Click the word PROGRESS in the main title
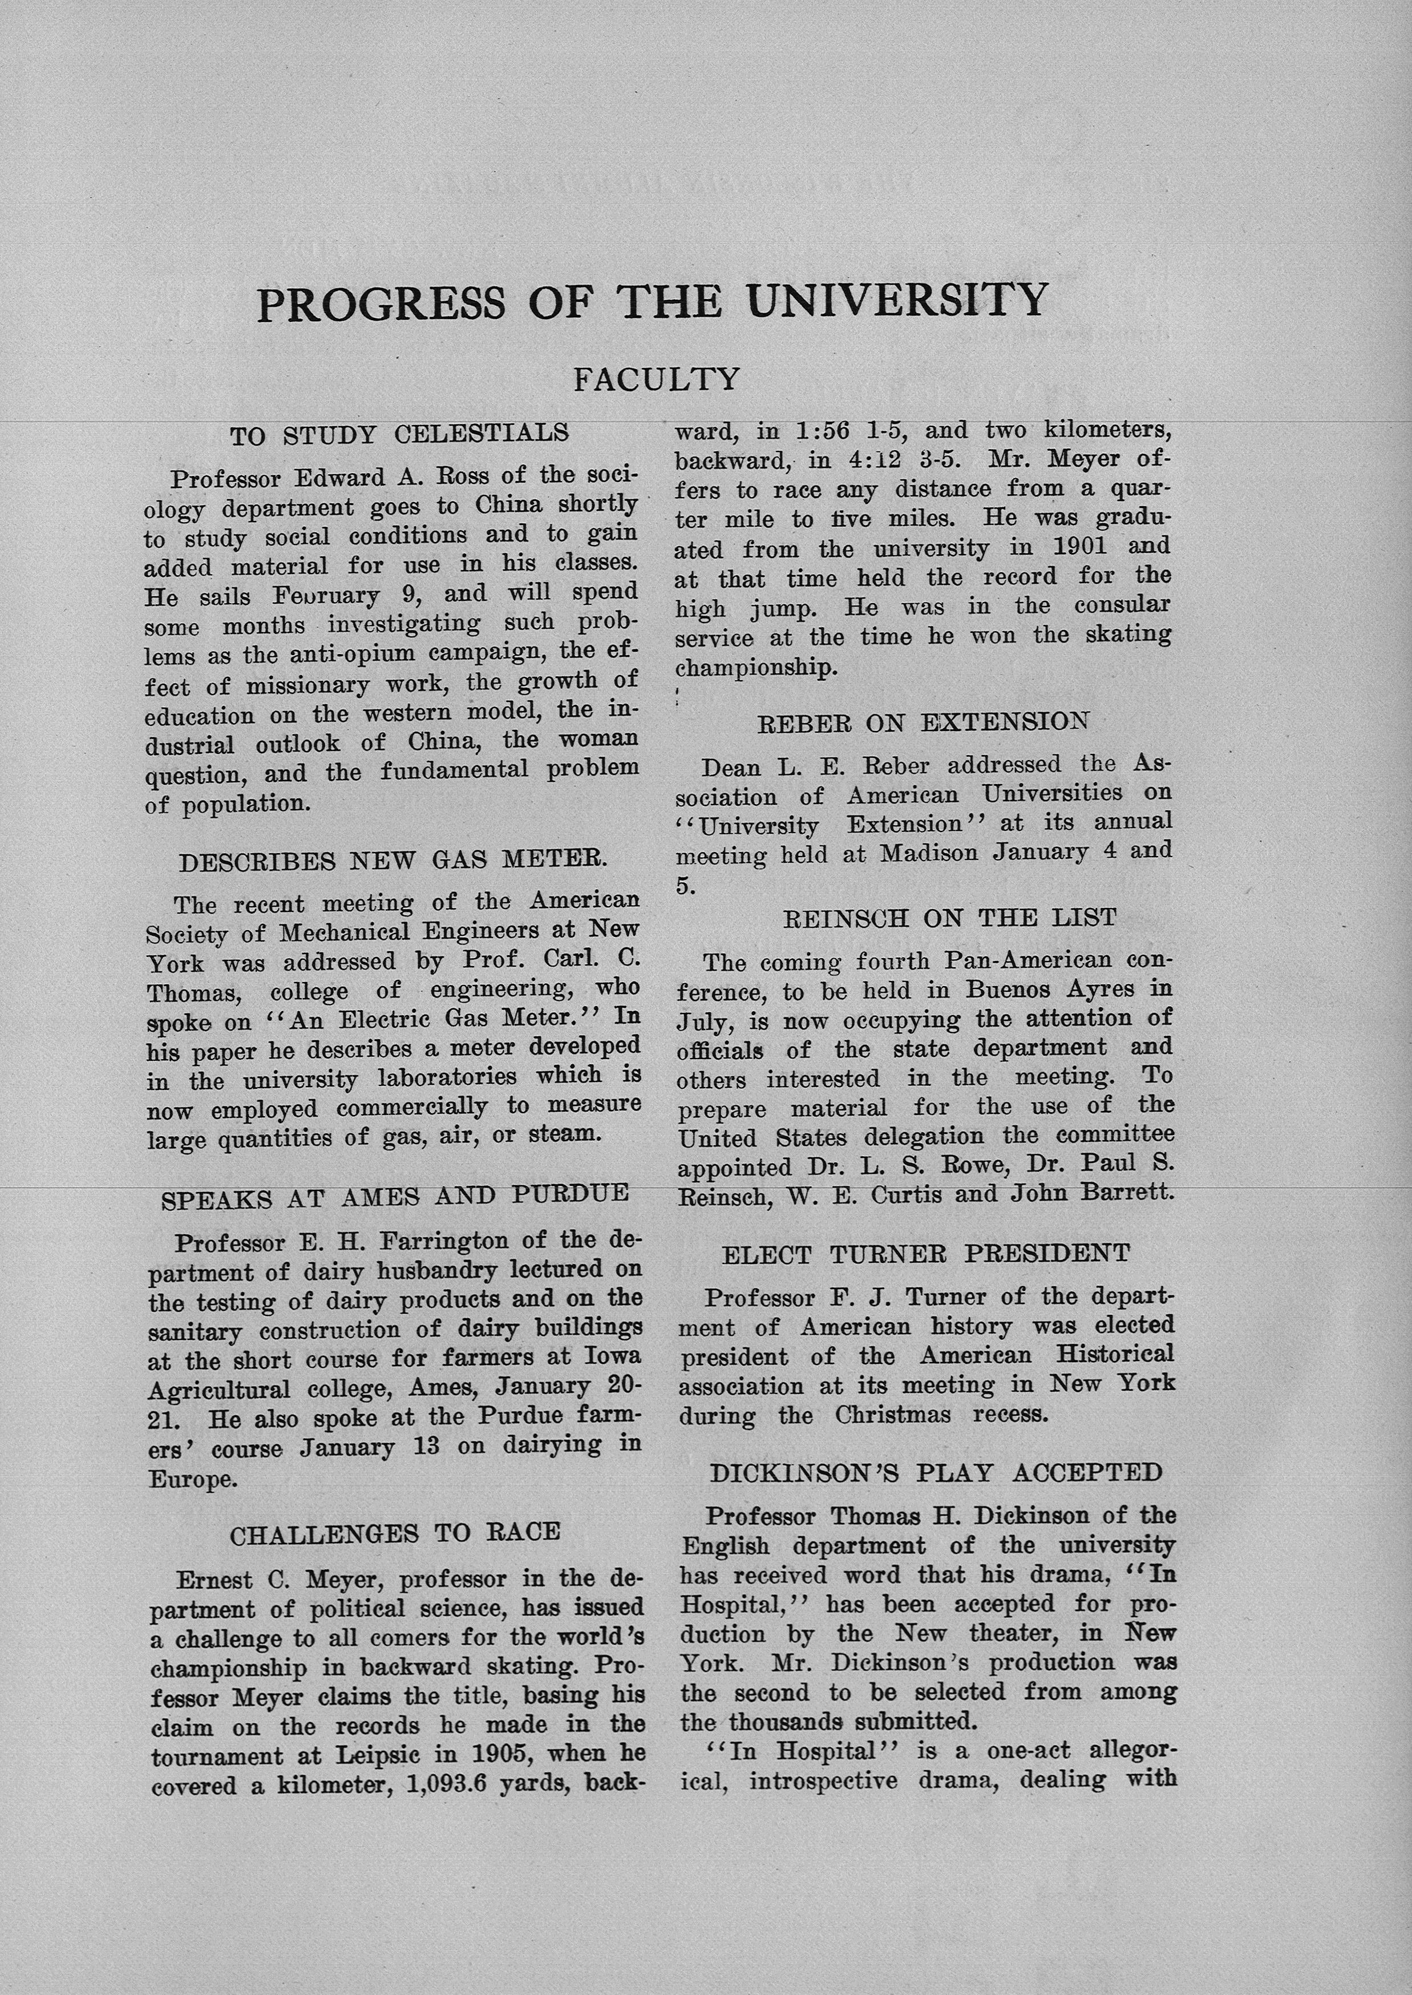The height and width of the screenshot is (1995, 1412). (381, 304)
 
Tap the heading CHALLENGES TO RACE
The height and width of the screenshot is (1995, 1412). (395, 1533)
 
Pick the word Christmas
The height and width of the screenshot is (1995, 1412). (893, 1415)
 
